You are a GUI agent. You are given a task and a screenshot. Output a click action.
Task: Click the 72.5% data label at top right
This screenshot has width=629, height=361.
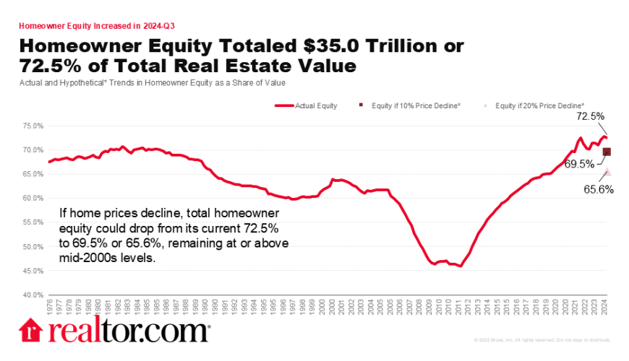pyautogui.click(x=590, y=116)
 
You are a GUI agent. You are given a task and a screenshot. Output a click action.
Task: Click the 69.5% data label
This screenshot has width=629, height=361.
pyautogui.click(x=578, y=164)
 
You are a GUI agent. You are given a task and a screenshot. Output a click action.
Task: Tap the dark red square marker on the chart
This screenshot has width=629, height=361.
pyautogui.click(x=607, y=152)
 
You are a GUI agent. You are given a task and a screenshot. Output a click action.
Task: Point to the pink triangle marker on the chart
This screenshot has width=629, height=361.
pyautogui.click(x=607, y=172)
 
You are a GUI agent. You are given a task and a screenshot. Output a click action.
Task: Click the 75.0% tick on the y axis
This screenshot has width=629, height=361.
pyautogui.click(x=34, y=126)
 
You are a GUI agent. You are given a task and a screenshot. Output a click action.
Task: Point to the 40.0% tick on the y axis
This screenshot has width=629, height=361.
pyautogui.click(x=34, y=295)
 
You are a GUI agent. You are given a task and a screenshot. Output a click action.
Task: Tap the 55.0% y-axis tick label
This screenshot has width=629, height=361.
pyautogui.click(x=34, y=222)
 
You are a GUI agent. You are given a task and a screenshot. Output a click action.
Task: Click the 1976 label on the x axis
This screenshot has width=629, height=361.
pyautogui.click(x=49, y=307)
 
